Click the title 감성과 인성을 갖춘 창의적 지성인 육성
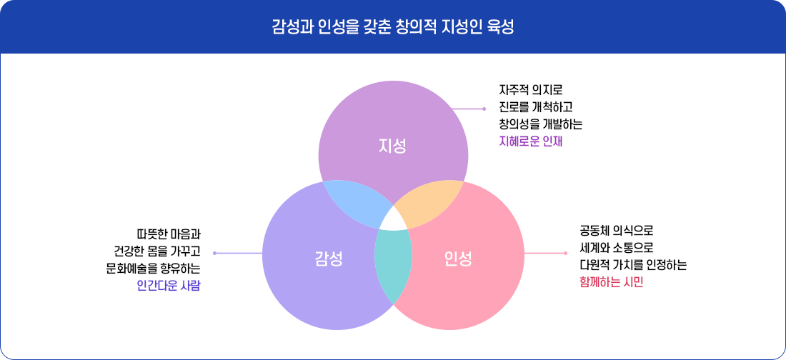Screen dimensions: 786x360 click(393, 28)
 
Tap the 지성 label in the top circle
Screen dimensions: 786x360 click(392, 146)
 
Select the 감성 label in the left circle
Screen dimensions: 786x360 click(329, 258)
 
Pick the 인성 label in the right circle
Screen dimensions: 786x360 click(458, 258)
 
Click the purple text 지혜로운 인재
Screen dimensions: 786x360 click(531, 141)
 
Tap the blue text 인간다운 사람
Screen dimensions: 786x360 click(169, 286)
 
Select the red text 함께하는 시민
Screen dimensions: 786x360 click(612, 281)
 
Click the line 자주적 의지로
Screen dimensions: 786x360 click(531, 91)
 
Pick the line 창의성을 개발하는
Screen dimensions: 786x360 click(541, 124)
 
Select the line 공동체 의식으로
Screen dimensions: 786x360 click(617, 231)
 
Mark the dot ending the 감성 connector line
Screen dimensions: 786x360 click(214, 253)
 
